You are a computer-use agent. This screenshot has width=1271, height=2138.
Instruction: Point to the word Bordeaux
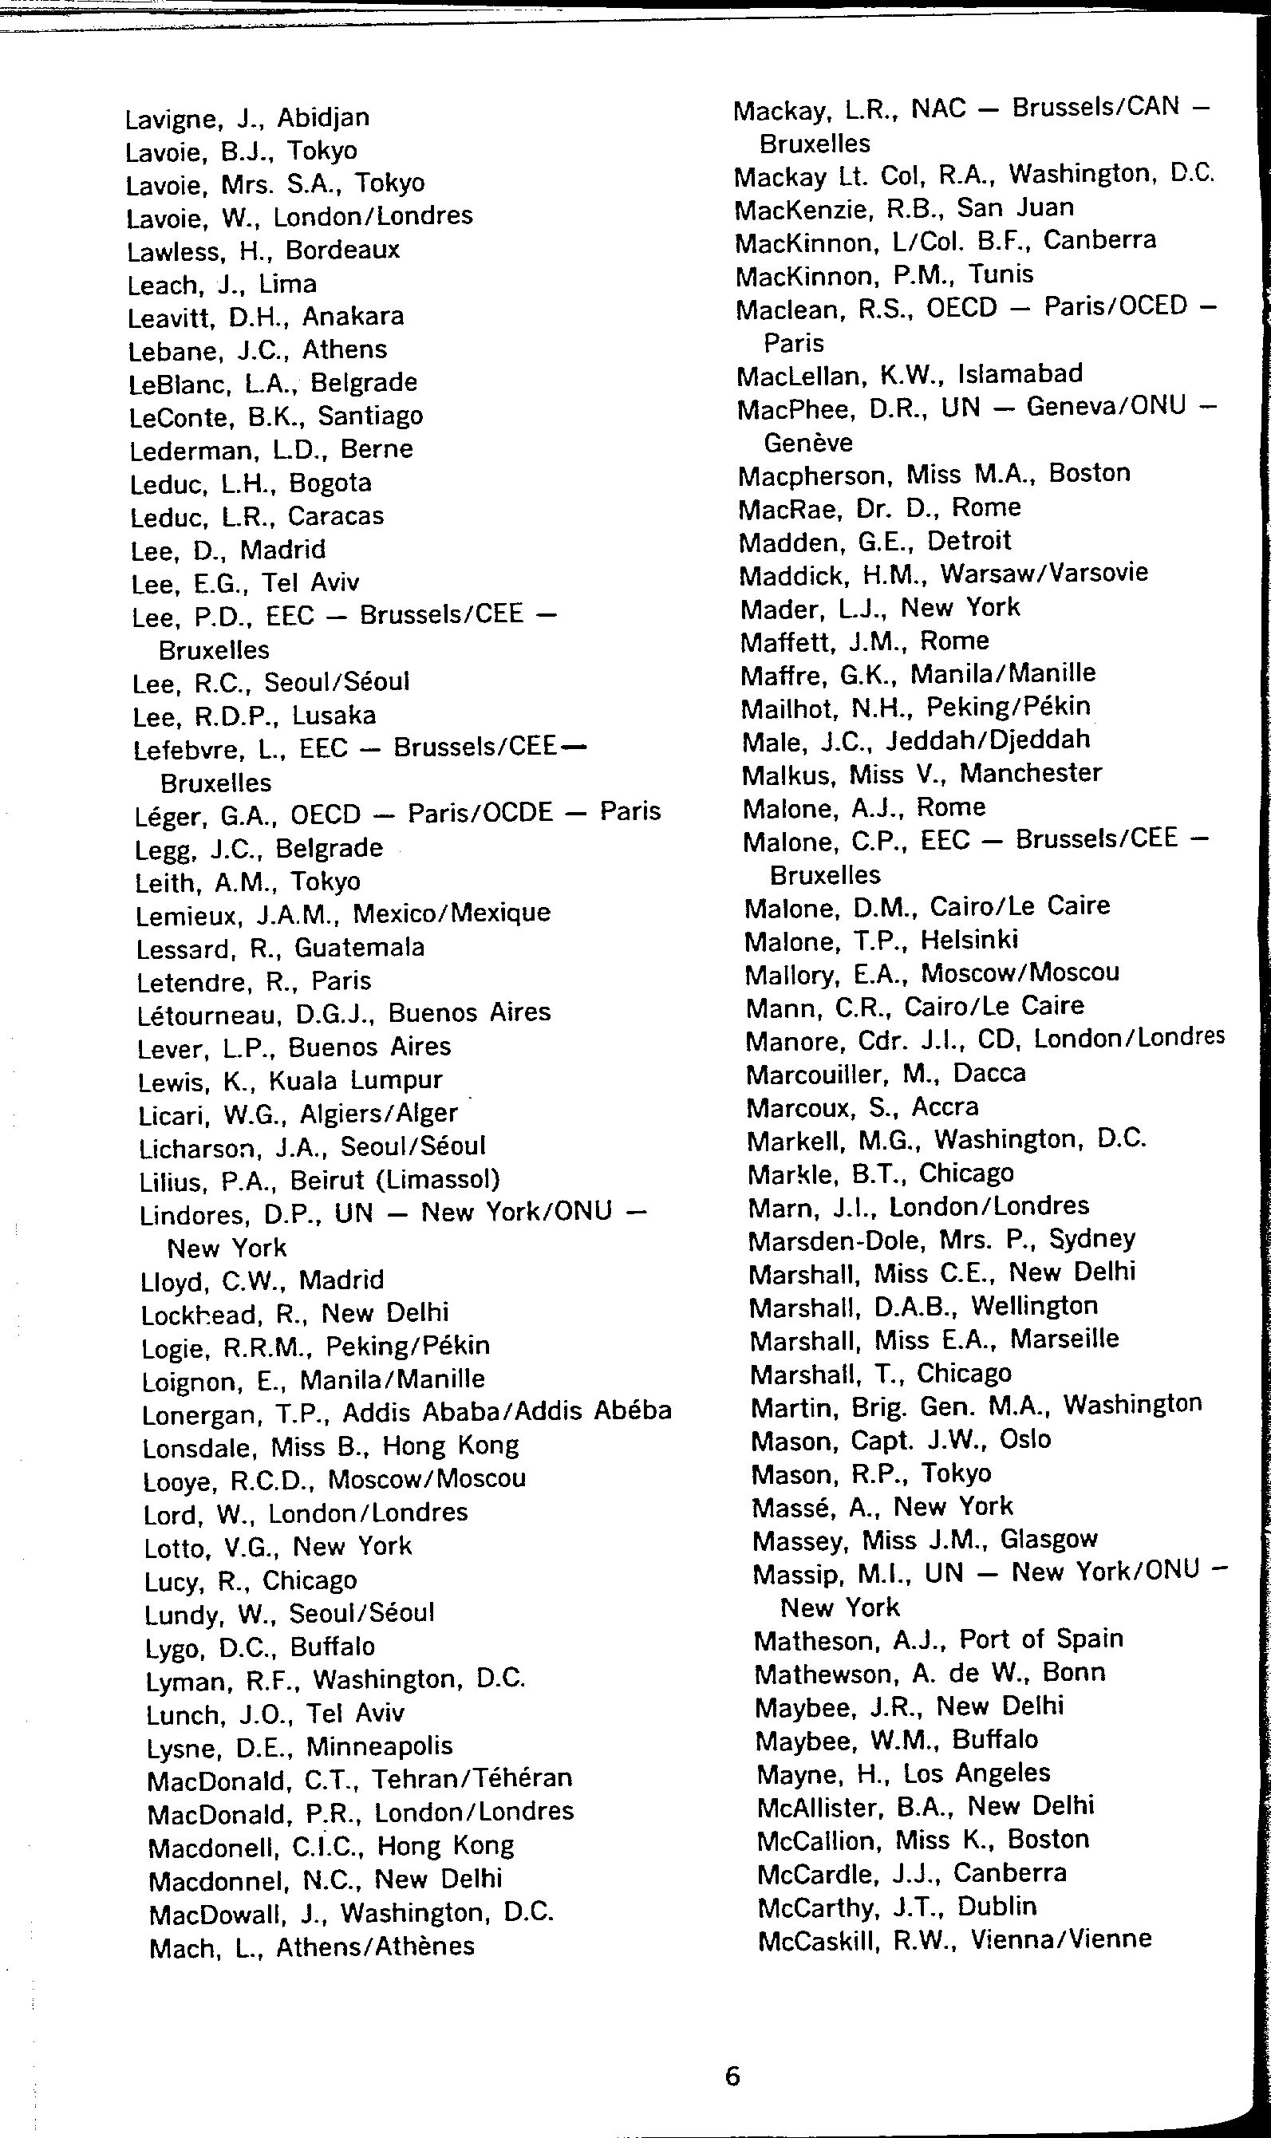click(342, 250)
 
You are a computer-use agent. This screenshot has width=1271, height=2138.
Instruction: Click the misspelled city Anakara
click(353, 317)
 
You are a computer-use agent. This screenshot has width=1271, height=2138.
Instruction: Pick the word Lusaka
click(334, 716)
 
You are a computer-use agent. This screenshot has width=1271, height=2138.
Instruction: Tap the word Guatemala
click(360, 948)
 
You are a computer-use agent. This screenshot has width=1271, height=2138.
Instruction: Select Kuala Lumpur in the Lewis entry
click(355, 1080)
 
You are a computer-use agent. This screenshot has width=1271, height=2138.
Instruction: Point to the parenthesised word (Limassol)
click(439, 1180)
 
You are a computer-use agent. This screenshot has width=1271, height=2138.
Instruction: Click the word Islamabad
click(1020, 373)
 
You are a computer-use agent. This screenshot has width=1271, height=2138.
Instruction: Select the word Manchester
click(1030, 773)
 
